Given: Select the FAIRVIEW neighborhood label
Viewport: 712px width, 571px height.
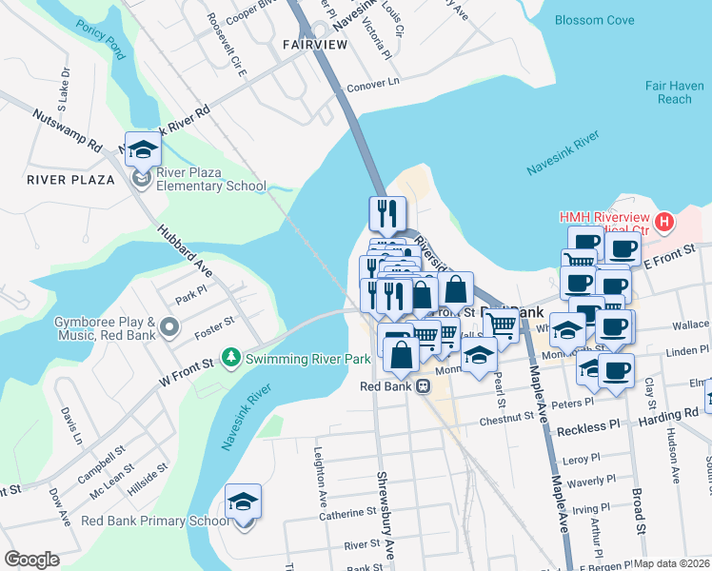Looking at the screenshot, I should click(x=314, y=45).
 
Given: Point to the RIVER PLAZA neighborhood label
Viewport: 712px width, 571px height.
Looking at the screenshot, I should click(x=71, y=179).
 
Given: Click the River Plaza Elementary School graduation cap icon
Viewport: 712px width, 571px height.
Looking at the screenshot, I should click(x=143, y=149).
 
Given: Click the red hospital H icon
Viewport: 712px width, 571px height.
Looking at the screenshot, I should click(x=664, y=224).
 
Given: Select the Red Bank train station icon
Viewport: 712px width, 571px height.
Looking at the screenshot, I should click(x=422, y=386).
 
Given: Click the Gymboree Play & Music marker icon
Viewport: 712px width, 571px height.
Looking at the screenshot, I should click(x=169, y=328).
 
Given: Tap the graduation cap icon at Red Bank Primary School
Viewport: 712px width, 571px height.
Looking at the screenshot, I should click(x=243, y=502).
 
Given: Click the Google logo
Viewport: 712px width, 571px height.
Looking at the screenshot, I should click(x=31, y=560).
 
